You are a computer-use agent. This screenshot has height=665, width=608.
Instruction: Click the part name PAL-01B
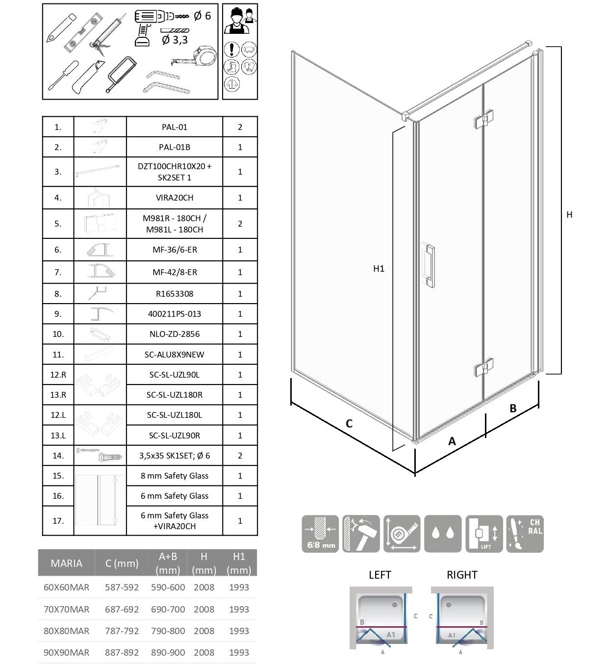click(x=175, y=147)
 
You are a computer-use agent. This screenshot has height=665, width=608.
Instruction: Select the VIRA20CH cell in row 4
click(x=175, y=198)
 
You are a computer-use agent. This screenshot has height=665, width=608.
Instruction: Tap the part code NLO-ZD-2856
click(x=175, y=334)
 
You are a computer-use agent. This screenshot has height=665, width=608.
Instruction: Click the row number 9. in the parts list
click(x=58, y=314)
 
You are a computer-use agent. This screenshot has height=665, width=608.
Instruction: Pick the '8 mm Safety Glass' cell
click(x=175, y=476)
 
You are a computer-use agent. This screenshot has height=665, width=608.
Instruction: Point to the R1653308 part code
click(x=175, y=294)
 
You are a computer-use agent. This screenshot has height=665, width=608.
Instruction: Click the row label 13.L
click(x=58, y=435)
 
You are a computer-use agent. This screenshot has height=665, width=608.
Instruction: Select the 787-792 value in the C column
click(x=122, y=631)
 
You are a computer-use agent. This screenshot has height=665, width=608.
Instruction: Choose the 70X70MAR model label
click(x=66, y=610)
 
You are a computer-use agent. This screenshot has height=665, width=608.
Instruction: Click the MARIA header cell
click(x=66, y=563)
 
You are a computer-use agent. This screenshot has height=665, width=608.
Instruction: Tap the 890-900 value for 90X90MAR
click(x=168, y=653)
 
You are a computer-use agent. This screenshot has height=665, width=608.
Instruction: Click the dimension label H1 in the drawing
click(x=379, y=269)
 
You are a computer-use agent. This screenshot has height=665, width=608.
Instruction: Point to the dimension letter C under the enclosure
click(x=349, y=424)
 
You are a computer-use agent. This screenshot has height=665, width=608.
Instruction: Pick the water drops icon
click(x=443, y=534)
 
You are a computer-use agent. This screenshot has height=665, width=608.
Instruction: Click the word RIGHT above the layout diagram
click(x=462, y=575)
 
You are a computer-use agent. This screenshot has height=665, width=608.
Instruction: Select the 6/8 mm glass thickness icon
click(x=320, y=534)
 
